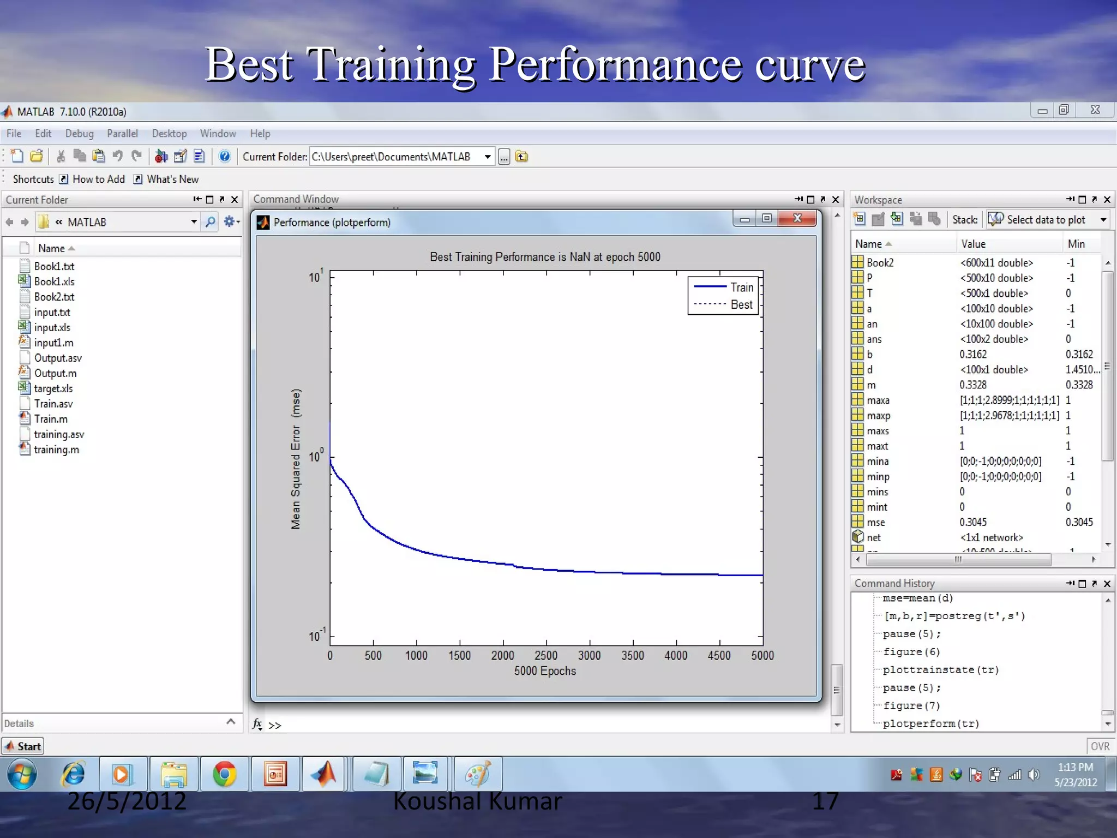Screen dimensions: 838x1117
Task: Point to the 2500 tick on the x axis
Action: point(546,655)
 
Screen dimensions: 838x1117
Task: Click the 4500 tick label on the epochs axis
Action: point(719,655)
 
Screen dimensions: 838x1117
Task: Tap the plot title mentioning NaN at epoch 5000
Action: point(545,257)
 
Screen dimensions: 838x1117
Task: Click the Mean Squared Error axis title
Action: point(296,459)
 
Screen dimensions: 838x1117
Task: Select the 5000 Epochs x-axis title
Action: point(545,671)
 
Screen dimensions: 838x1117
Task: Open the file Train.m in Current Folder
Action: point(51,419)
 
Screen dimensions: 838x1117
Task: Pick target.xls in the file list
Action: point(53,388)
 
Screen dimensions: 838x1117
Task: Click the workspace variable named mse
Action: point(875,522)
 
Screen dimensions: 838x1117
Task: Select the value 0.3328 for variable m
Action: point(973,385)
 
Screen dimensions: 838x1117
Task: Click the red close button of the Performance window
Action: point(797,219)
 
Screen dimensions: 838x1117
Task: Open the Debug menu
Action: point(79,134)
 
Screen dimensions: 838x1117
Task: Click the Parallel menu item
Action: point(122,134)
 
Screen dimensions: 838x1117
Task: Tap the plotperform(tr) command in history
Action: point(930,723)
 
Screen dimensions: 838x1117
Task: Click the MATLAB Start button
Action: point(23,746)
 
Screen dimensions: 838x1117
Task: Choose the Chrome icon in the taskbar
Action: point(224,774)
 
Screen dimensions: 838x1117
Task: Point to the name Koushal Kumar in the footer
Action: point(477,801)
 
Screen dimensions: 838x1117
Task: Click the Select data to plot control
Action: point(1046,219)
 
